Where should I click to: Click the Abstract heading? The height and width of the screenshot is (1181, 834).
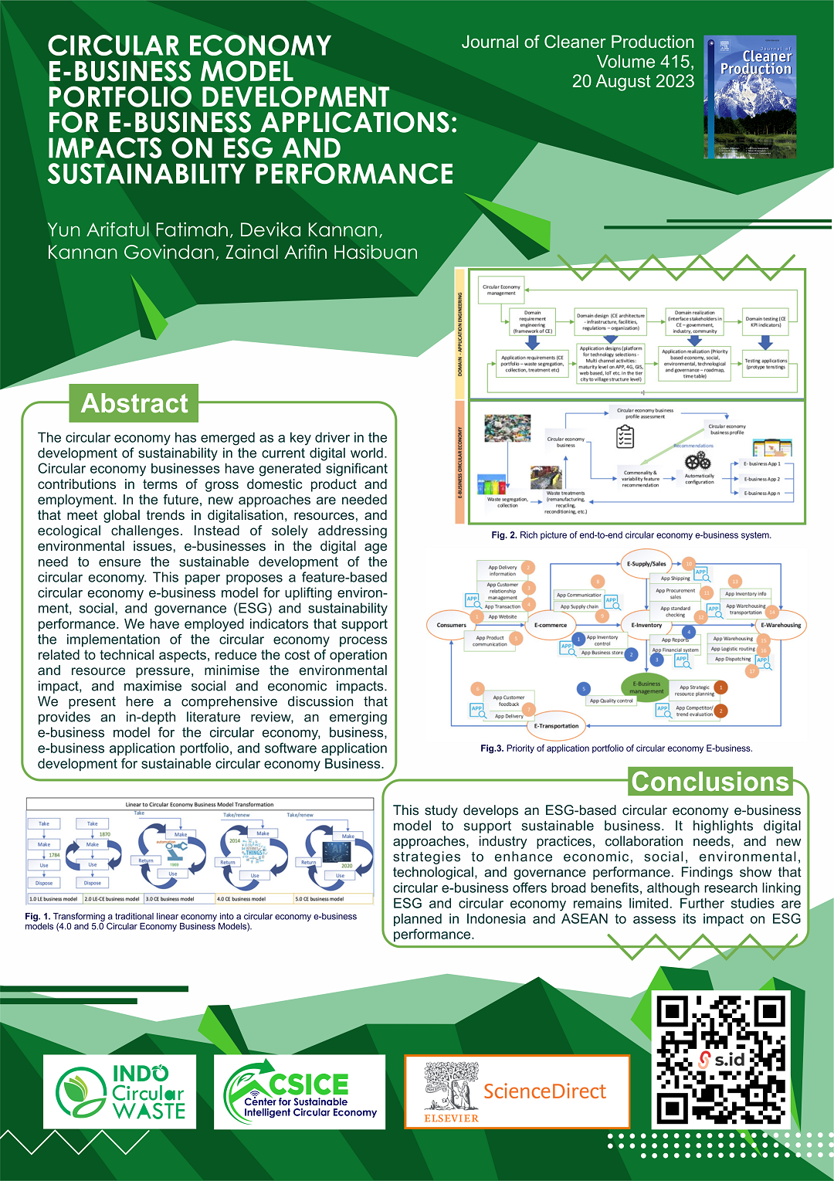point(134,403)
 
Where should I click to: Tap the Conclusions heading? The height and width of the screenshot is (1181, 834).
point(710,782)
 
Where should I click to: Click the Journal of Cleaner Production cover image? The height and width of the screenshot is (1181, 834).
point(750,97)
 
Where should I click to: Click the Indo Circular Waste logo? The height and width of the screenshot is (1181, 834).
point(120,1091)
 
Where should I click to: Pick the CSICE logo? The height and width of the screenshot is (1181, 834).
point(300,1091)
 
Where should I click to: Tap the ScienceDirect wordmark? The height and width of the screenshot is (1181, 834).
point(544,1091)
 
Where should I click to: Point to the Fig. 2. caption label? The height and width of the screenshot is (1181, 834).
point(503,535)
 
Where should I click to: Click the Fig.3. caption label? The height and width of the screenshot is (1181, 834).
point(492,748)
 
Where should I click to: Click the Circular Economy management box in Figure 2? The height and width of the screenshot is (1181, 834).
point(501,290)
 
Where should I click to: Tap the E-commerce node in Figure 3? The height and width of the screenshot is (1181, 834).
point(551,625)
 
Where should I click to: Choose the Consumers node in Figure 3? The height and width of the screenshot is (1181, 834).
point(452,625)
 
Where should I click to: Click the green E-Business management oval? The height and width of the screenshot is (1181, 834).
point(646,687)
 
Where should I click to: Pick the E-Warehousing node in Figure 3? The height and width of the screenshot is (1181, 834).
point(781,625)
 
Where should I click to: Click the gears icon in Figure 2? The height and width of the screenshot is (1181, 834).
point(697,460)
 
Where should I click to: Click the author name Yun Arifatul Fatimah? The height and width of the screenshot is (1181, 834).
point(138,230)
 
